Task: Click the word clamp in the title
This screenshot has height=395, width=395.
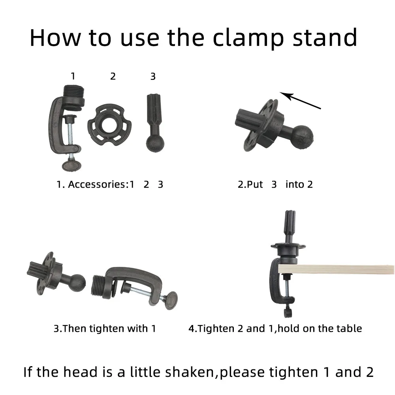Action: tap(248, 38)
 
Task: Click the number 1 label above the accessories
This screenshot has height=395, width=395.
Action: tap(73, 76)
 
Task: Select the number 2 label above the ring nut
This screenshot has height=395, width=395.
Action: tap(113, 76)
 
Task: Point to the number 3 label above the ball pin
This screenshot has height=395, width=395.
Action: tap(153, 76)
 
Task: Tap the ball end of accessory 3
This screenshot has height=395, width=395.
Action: tap(155, 143)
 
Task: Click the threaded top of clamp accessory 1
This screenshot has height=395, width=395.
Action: tap(73, 92)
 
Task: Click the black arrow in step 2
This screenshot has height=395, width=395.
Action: tap(300, 101)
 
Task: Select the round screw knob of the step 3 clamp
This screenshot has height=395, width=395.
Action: tap(171, 300)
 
